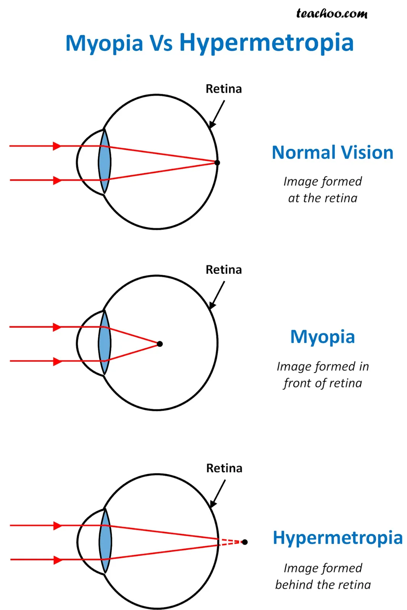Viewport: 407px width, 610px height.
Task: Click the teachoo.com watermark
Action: (331, 14)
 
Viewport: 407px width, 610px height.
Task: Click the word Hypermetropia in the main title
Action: (266, 43)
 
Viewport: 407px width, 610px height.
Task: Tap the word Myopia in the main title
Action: (104, 43)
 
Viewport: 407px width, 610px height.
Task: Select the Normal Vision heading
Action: (333, 152)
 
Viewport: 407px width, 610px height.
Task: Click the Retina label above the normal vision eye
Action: (224, 89)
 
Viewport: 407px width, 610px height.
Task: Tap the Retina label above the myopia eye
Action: (224, 270)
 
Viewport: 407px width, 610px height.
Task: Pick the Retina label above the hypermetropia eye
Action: (224, 468)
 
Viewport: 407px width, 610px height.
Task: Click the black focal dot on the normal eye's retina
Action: (217, 162)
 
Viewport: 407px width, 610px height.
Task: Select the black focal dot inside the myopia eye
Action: (160, 344)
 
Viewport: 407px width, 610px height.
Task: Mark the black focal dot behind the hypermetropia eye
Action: (245, 542)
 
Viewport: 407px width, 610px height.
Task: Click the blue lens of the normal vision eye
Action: (105, 162)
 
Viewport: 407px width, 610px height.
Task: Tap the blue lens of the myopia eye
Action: (105, 343)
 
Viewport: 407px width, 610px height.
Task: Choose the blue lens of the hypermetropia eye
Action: (105, 541)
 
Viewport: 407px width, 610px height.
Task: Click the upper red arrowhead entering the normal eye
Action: (57, 146)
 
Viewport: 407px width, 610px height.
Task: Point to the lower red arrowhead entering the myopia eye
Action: (57, 361)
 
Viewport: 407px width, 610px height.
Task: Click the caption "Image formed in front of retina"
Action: (323, 375)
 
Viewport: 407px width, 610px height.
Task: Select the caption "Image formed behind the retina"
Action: (323, 576)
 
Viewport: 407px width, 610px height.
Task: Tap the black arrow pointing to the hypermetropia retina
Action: (218, 494)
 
